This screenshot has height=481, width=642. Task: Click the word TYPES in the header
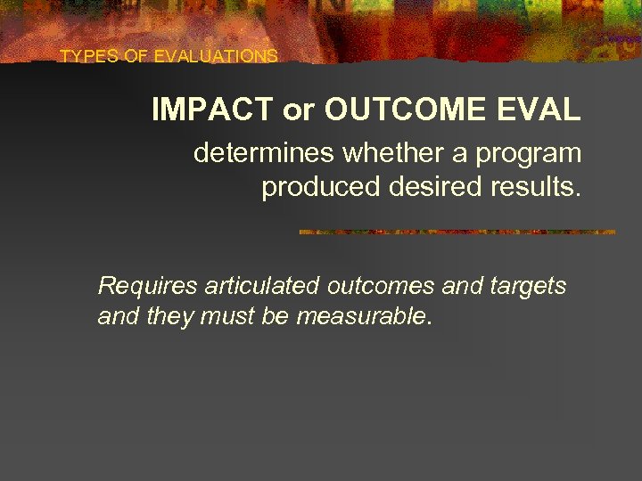coord(83,56)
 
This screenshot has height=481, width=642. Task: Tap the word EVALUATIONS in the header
coord(216,56)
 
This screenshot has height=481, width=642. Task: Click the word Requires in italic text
coord(147,287)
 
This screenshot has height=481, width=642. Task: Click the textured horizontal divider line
coord(457,232)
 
